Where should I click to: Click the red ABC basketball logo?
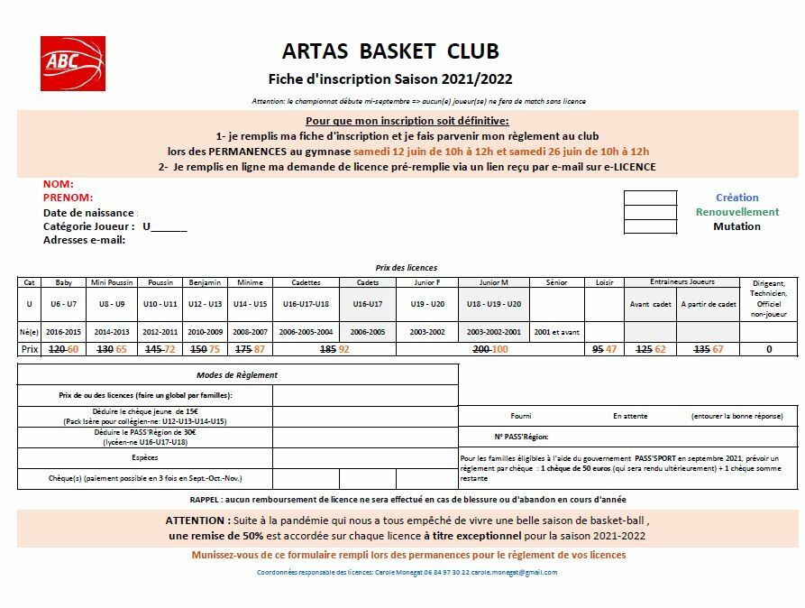click(72, 63)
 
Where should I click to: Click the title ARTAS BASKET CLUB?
click(390, 51)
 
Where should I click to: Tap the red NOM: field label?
click(59, 184)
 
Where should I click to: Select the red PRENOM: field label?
click(69, 198)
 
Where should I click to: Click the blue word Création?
click(736, 198)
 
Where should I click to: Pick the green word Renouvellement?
click(736, 212)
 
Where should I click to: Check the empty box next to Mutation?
click(649, 226)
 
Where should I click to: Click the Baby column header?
click(63, 282)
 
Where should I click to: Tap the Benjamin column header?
click(206, 282)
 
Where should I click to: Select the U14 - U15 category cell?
click(250, 304)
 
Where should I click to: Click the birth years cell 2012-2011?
click(160, 332)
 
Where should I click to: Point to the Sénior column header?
click(556, 282)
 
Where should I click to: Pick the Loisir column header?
click(604, 282)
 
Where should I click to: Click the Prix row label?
click(29, 348)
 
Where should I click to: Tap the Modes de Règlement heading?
click(237, 374)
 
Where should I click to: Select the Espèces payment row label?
click(144, 457)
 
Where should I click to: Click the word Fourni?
click(520, 416)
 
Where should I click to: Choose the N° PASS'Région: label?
click(521, 437)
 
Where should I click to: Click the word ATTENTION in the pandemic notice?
click(196, 520)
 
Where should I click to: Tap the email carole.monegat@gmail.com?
click(515, 572)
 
